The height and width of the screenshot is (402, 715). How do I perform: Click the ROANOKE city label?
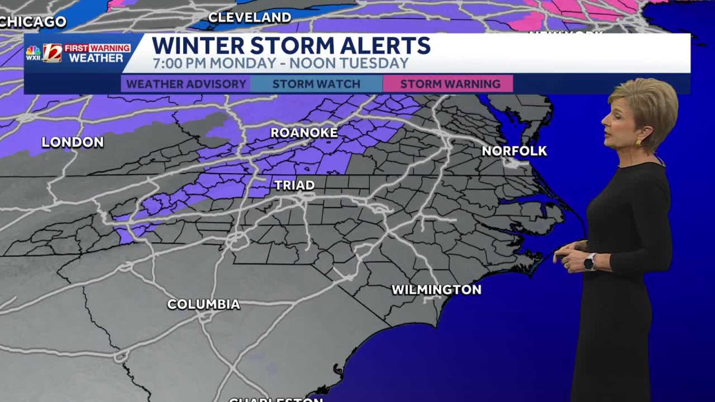[304, 133]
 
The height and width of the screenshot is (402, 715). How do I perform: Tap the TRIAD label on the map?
[295, 185]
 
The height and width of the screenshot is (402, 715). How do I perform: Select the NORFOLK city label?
[514, 151]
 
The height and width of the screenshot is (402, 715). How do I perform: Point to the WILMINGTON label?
[436, 290]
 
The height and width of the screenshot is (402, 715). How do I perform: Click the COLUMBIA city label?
[204, 304]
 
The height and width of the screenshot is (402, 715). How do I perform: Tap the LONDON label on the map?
[73, 142]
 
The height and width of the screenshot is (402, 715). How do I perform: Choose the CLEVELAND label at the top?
[250, 17]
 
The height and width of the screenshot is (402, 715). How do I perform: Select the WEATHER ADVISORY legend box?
[186, 84]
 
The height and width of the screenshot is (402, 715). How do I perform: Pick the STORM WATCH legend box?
[317, 84]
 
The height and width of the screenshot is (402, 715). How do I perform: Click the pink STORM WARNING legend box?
[450, 84]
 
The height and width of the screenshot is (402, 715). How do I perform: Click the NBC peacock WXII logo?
[33, 53]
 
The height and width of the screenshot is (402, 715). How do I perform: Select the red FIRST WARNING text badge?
[97, 48]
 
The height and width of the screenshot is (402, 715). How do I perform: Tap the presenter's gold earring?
[638, 143]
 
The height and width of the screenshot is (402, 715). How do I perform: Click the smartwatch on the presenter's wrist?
[589, 263]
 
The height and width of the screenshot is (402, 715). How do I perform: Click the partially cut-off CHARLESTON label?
[276, 399]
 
